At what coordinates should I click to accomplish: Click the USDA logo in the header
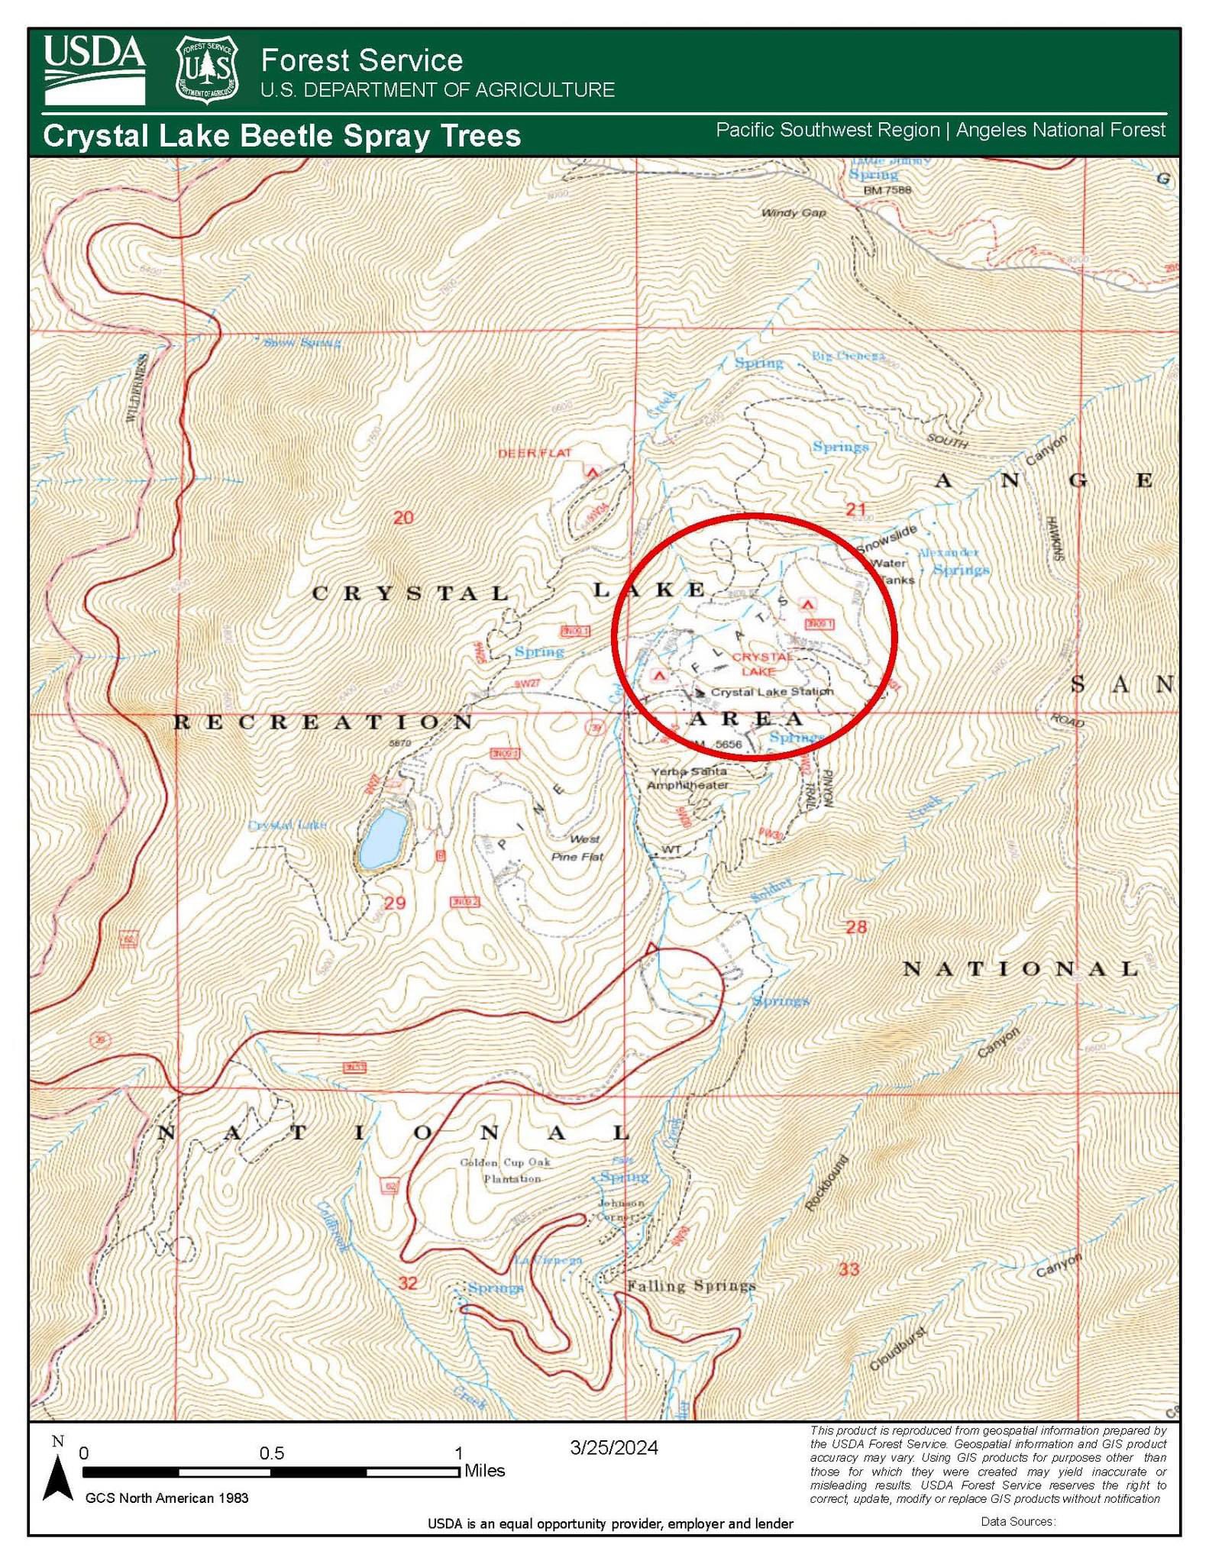pyautogui.click(x=94, y=69)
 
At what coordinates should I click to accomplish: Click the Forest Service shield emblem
pyautogui.click(x=207, y=69)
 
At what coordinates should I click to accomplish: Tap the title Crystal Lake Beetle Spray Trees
pyautogui.click(x=282, y=136)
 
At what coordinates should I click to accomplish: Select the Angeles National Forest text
pyautogui.click(x=1060, y=130)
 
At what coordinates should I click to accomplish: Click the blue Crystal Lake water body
pyautogui.click(x=383, y=839)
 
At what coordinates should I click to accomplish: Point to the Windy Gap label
pyautogui.click(x=794, y=212)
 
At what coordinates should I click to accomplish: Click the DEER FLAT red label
pyautogui.click(x=535, y=453)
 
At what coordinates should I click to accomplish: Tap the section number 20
pyautogui.click(x=403, y=518)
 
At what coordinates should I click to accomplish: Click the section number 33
pyautogui.click(x=849, y=1269)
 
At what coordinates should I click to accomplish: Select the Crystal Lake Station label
pyautogui.click(x=771, y=692)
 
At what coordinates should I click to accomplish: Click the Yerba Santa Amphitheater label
pyautogui.click(x=688, y=778)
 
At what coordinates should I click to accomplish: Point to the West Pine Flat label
pyautogui.click(x=578, y=848)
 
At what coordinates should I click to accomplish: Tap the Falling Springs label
pyautogui.click(x=690, y=1286)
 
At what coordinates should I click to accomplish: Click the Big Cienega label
pyautogui.click(x=848, y=356)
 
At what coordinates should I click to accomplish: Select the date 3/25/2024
pyautogui.click(x=613, y=1448)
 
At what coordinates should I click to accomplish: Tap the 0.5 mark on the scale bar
pyautogui.click(x=271, y=1453)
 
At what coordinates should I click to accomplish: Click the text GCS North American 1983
pyautogui.click(x=166, y=1498)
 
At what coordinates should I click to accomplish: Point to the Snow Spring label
pyautogui.click(x=302, y=343)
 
